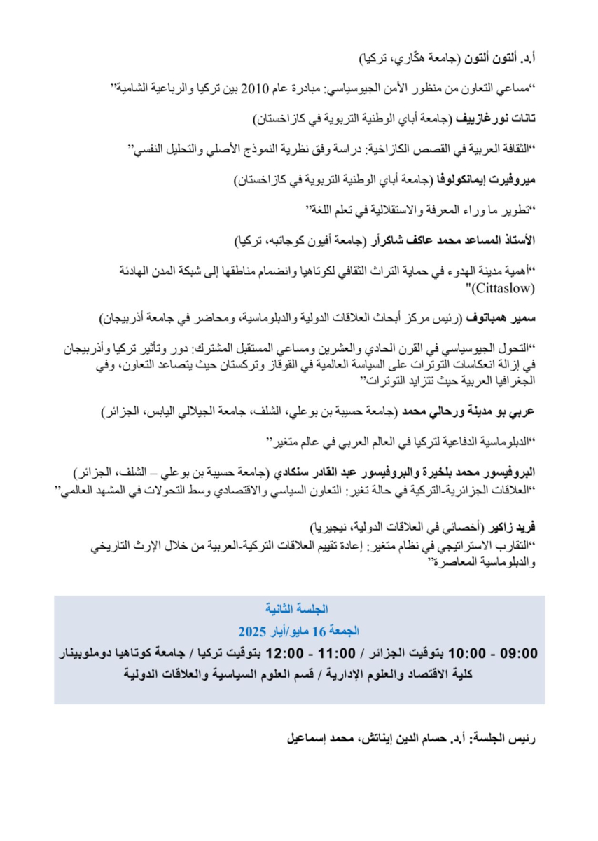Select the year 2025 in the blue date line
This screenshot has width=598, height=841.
[x=251, y=631]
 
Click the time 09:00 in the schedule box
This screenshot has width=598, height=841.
[x=520, y=654]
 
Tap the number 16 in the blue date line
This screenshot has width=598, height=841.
[x=319, y=631]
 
